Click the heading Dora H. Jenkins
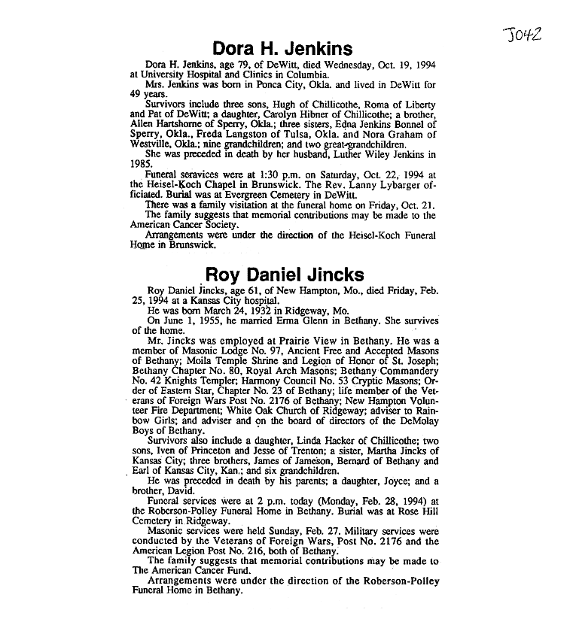(282, 50)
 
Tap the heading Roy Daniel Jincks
(285, 274)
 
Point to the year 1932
(238, 309)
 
